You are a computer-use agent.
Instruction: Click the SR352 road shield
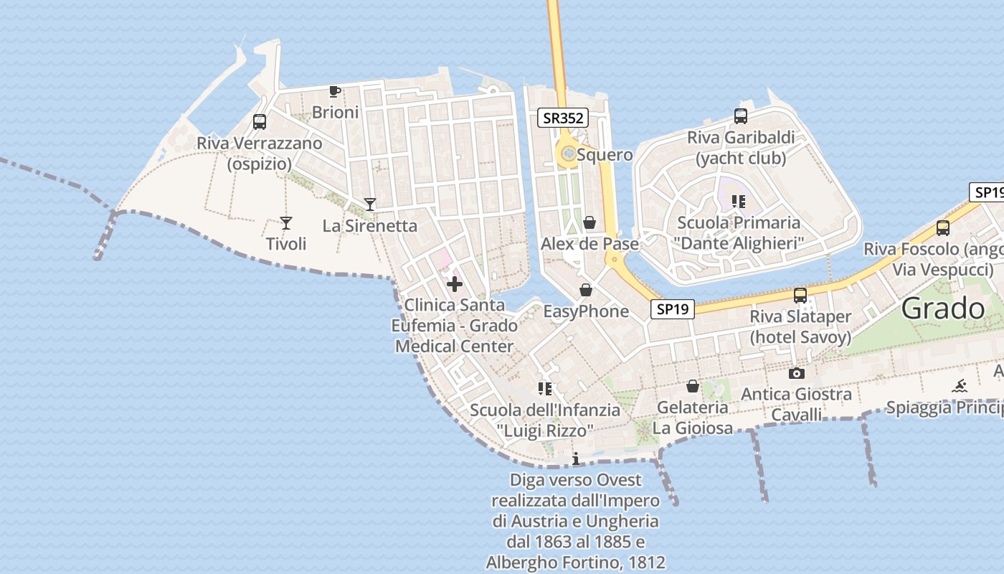click(563, 118)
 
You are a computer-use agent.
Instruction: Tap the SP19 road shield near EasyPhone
click(673, 309)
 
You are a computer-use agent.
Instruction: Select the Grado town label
click(943, 309)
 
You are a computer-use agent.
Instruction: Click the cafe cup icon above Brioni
click(334, 91)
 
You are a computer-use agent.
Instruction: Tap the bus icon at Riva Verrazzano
click(260, 122)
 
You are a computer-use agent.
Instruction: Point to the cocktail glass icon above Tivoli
click(286, 223)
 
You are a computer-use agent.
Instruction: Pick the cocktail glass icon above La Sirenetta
click(369, 204)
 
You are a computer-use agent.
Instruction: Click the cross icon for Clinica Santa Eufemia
click(454, 284)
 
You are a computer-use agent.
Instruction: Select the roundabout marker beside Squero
click(569, 153)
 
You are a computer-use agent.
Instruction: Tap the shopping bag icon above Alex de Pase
click(589, 222)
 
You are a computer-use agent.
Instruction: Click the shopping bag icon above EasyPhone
click(586, 290)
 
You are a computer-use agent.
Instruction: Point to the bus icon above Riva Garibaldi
click(741, 116)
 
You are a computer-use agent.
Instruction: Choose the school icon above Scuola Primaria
click(739, 202)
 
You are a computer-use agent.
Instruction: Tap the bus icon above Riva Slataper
click(800, 295)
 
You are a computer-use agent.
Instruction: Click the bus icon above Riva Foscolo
click(943, 228)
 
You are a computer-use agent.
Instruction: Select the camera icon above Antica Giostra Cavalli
click(796, 373)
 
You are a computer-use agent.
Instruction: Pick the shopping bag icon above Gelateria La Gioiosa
click(693, 386)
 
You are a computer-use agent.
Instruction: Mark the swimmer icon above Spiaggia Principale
click(960, 387)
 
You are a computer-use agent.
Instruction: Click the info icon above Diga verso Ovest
click(575, 458)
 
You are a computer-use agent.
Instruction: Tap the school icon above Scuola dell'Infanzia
click(545, 389)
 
